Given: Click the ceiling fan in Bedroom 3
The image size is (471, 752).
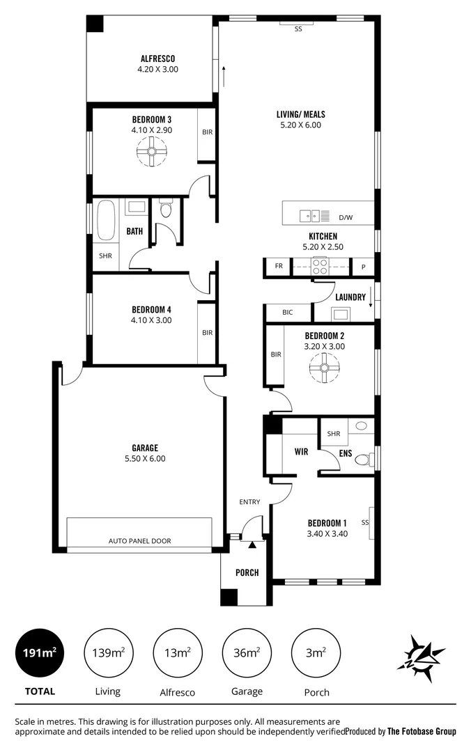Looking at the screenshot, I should [150, 151].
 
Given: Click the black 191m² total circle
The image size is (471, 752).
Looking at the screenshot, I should [40, 652].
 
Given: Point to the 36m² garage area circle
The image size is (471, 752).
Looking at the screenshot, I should [247, 652].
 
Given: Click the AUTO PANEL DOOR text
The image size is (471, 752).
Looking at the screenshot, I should [139, 540].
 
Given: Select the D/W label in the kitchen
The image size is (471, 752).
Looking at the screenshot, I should [346, 217].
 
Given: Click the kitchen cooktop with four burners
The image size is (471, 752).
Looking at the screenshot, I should [320, 266].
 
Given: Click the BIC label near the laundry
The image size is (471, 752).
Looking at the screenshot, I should [287, 313].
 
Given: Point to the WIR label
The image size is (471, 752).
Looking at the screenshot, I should [301, 452].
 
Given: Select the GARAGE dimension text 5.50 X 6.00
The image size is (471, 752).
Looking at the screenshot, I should [145, 459].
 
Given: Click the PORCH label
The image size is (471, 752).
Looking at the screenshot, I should [247, 572].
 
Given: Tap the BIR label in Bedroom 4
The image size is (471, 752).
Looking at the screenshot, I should [207, 333].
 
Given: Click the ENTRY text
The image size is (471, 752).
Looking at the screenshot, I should [249, 501].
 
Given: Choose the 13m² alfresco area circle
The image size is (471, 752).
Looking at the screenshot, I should [177, 652].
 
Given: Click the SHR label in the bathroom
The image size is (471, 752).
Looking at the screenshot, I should [105, 256].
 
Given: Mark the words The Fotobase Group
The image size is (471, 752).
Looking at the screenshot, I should [422, 731].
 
